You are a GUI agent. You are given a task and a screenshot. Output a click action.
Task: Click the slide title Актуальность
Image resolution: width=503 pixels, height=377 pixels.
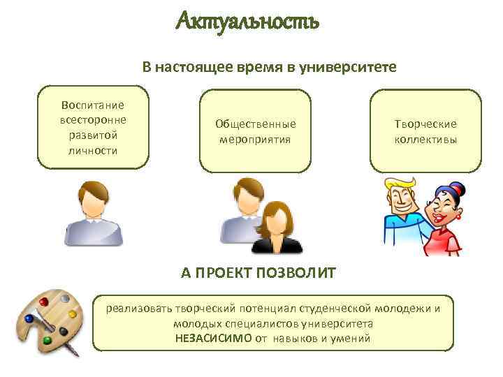[247, 22]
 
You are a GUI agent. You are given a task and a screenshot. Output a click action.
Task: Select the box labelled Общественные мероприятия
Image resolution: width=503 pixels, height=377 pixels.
[255, 131]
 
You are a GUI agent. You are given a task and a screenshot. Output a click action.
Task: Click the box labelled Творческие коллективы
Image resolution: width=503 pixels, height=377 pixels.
[425, 131]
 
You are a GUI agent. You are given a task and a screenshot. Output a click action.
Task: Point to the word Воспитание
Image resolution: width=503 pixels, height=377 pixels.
[93, 105]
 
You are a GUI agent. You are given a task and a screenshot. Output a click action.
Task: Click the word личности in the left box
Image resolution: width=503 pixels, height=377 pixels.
[93, 150]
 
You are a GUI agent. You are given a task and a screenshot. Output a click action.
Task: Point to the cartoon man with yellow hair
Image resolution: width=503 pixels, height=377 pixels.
[403, 209]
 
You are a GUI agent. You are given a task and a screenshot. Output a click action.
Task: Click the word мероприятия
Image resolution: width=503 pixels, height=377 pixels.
[255, 138]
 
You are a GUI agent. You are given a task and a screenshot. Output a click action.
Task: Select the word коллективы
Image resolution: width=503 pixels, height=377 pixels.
[425, 138]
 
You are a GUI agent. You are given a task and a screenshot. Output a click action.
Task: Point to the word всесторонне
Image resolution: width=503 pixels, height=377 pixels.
[93, 119]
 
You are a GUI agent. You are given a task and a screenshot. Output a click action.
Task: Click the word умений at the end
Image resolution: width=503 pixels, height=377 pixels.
[354, 339]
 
